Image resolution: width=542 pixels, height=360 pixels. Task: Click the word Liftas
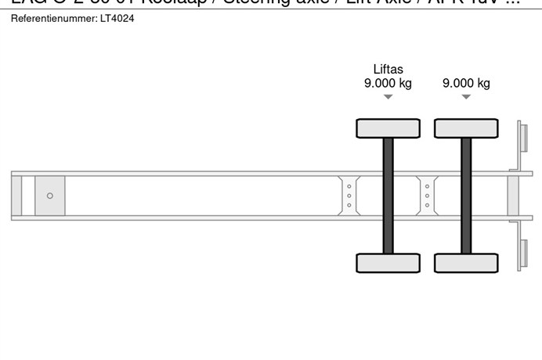click(388, 70)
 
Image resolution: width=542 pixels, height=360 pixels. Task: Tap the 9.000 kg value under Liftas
click(388, 84)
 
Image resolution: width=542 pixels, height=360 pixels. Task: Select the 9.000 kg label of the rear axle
click(466, 84)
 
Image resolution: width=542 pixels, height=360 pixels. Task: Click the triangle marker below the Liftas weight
click(388, 97)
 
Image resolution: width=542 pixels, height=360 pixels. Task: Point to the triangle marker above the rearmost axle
click(466, 97)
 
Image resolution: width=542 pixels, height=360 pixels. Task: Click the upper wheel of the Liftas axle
click(388, 128)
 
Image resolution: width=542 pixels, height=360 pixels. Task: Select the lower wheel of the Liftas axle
click(388, 263)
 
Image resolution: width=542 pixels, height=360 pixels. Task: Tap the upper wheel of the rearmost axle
click(466, 128)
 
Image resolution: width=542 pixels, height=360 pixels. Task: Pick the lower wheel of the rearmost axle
click(466, 263)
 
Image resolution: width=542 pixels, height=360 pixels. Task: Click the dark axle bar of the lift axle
click(388, 196)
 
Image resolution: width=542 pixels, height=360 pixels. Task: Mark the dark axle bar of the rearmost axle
click(466, 196)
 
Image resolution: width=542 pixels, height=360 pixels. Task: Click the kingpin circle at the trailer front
click(50, 196)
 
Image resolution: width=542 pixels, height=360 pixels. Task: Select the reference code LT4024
click(117, 18)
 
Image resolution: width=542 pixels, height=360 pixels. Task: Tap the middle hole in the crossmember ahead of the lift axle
click(349, 196)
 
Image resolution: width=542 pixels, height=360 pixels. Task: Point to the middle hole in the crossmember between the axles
click(427, 196)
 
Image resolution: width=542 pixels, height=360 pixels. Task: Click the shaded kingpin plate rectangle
click(50, 196)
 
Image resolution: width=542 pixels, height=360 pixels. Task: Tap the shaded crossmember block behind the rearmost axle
click(514, 196)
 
